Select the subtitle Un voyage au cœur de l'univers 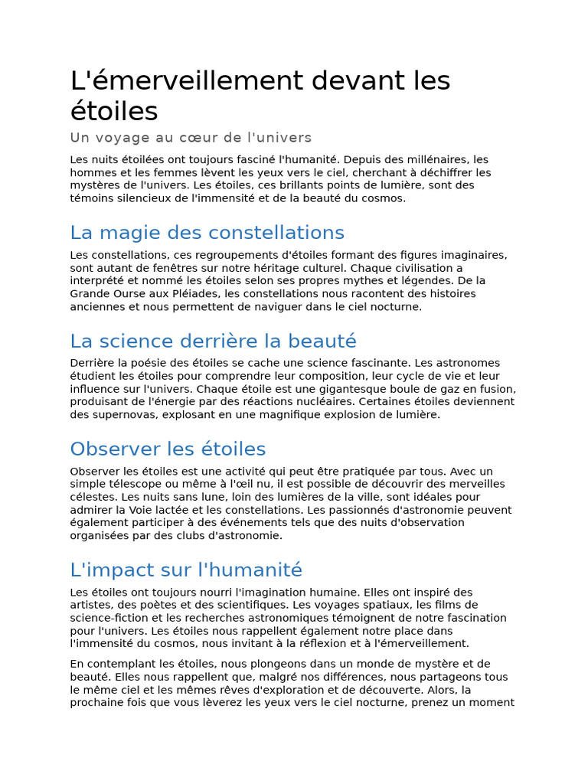coord(191,138)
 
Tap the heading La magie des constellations coord(207,233)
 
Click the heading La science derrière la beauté coord(213,341)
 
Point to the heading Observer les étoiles coord(168,449)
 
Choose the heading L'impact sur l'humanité coord(186,570)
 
